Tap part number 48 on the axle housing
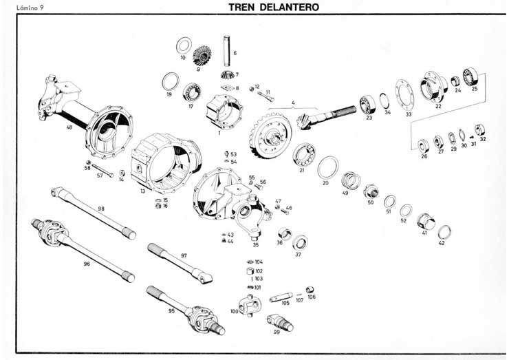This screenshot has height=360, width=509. [x=69, y=128]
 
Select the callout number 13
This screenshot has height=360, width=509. [x=142, y=191]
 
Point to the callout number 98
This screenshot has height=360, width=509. [x=101, y=208]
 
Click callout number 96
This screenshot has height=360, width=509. [x=87, y=263]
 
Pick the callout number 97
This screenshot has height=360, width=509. [x=184, y=255]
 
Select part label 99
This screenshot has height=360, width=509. [x=277, y=332]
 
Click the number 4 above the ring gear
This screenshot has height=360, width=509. [x=293, y=103]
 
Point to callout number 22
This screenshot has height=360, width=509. [x=438, y=106]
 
